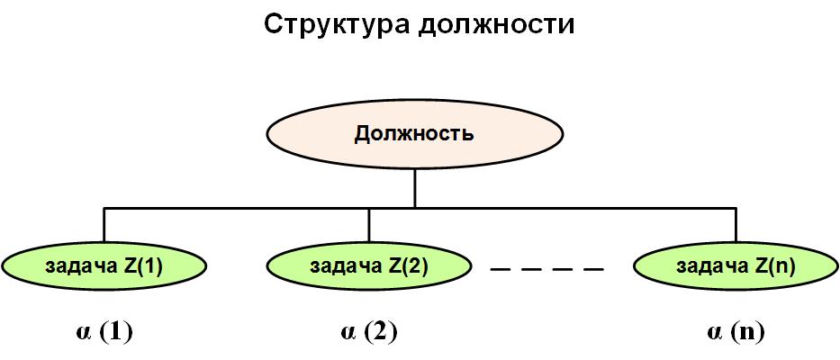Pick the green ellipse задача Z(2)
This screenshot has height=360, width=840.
pyautogui.click(x=369, y=265)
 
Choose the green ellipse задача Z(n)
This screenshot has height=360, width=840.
pyautogui.click(x=736, y=265)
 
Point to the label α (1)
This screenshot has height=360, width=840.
pyautogui.click(x=104, y=331)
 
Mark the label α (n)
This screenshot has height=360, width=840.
pyautogui.click(x=736, y=331)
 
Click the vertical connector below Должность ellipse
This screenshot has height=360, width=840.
pyautogui.click(x=414, y=189)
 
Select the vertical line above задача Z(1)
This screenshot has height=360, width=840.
pyautogui.click(x=104, y=225)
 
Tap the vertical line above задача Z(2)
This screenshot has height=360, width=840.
pyautogui.click(x=369, y=225)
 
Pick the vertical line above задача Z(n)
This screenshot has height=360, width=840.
pyautogui.click(x=736, y=225)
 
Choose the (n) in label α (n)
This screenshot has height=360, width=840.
pyautogui.click(x=748, y=331)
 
